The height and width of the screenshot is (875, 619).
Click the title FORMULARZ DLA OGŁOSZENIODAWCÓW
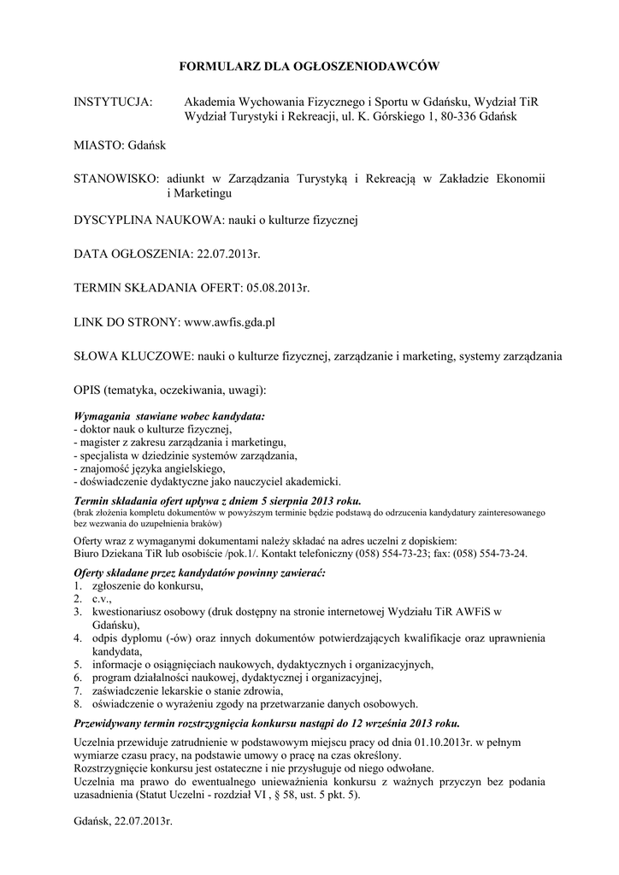coord(309,65)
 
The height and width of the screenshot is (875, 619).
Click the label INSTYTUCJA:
coord(114,102)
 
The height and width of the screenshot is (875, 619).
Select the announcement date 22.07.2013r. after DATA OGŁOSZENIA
coord(228,254)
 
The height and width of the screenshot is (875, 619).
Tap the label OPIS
coord(87,390)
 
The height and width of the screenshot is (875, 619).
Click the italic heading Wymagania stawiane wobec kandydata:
coord(170,416)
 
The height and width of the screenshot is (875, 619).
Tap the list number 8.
coord(77,704)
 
